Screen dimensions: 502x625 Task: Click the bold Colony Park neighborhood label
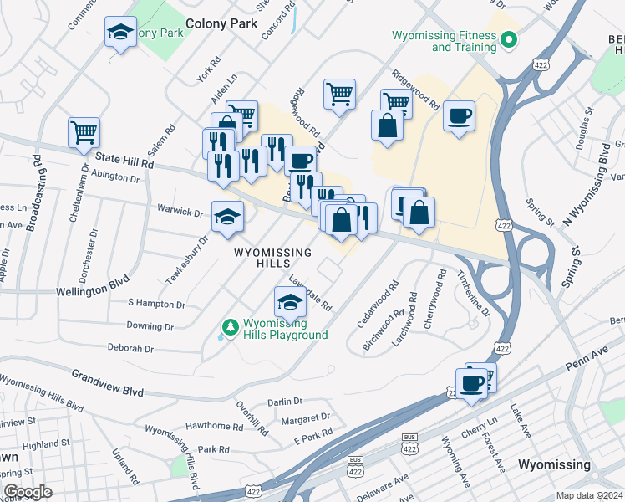(221, 23)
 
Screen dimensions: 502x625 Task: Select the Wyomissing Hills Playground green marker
(228, 326)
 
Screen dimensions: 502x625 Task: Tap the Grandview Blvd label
(107, 384)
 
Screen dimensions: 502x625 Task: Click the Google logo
(28, 492)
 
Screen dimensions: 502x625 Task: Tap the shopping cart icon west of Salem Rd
(84, 133)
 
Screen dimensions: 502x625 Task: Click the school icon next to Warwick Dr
(226, 218)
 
